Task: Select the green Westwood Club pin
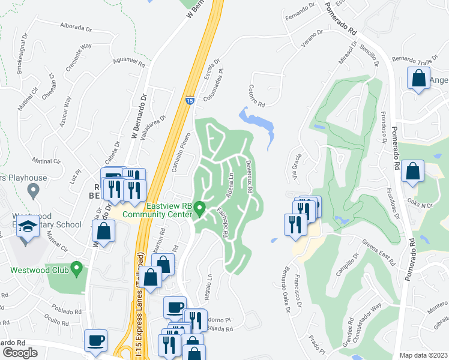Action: (x=76, y=268)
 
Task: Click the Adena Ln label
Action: (x=229, y=186)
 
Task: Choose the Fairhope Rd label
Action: (x=220, y=221)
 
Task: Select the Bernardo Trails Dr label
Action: (x=414, y=62)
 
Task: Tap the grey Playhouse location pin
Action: (x=34, y=191)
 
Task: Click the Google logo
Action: (x=20, y=352)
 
